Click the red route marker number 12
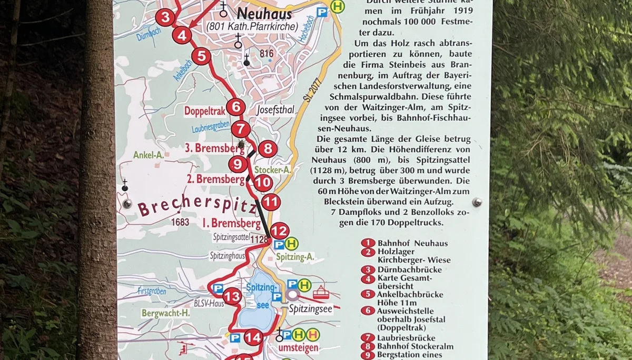coord(280,231)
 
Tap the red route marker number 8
coord(268,149)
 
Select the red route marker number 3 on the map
coord(165,18)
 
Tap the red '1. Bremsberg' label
coord(232,223)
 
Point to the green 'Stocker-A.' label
coord(272,170)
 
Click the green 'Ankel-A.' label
coord(149,155)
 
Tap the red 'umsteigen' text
coord(298,348)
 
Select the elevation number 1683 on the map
coord(180,222)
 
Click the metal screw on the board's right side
coord(477,202)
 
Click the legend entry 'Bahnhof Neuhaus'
coord(412,243)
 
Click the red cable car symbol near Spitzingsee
coord(320,292)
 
